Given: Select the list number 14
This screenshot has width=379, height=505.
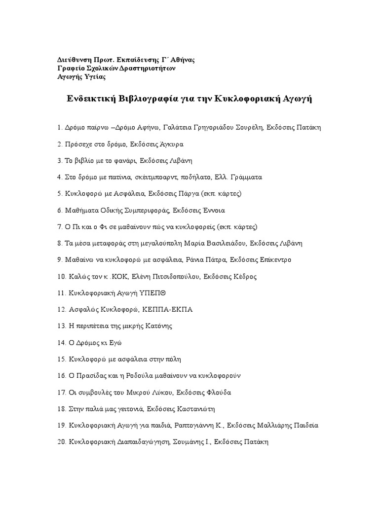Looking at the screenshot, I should click(x=62, y=343).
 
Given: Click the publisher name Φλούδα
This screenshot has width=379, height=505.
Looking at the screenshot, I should click(x=219, y=393).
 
